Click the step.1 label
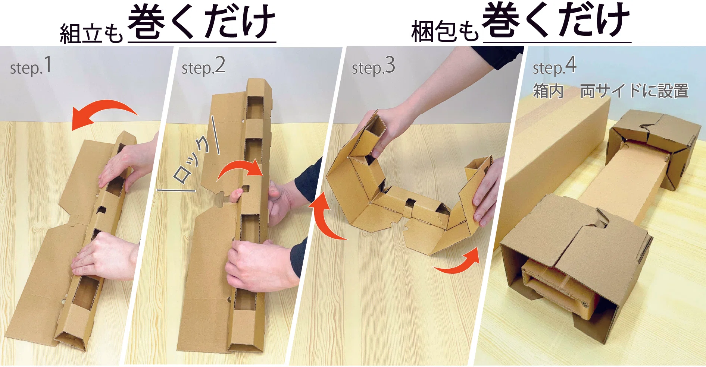pos(31,66)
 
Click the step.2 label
pos(203,66)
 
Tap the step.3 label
pos(373,66)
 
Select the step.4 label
pos(555,66)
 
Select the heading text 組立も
pos(91,34)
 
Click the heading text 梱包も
pos(445,31)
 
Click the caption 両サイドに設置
pos(634,91)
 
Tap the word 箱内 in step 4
pos(548,91)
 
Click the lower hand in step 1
pos(103,257)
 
